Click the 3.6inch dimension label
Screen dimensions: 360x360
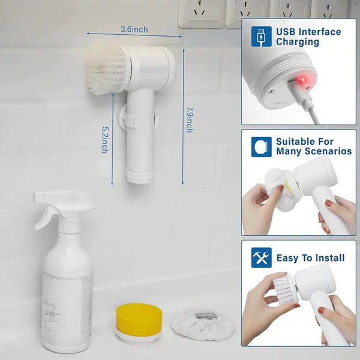(x=134, y=29)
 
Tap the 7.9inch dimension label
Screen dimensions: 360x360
(x=190, y=119)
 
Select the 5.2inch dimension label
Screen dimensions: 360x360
(x=105, y=139)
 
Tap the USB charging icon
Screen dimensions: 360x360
(x=261, y=36)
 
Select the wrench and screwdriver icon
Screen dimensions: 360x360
(x=261, y=257)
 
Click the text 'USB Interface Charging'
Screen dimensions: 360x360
(x=308, y=37)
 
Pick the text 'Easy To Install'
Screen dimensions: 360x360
(x=310, y=258)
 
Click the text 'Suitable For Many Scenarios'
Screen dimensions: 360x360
(x=313, y=146)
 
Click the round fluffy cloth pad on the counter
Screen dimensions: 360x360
(x=203, y=325)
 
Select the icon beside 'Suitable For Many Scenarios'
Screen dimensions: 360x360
(x=261, y=146)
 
